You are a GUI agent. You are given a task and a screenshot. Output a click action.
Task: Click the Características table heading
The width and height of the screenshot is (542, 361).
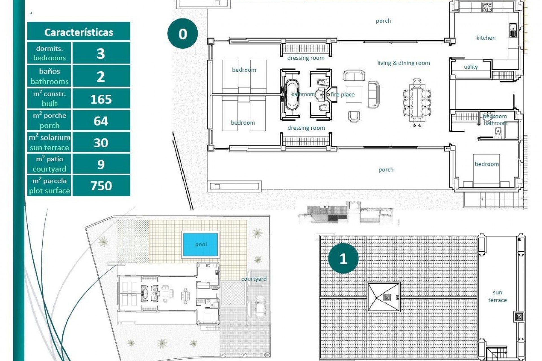pyautogui.click(x=78, y=32)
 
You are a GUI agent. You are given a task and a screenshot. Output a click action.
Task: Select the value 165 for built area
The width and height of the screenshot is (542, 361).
pyautogui.click(x=101, y=99)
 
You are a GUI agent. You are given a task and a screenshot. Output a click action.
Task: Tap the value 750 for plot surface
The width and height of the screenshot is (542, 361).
pyautogui.click(x=101, y=186)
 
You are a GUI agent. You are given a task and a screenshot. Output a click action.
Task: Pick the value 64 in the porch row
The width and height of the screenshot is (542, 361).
pyautogui.click(x=101, y=121)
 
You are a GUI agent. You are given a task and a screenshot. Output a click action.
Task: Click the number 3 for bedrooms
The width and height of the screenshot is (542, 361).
pyautogui.click(x=101, y=54)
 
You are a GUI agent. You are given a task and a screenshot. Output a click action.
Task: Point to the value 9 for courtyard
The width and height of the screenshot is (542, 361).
pyautogui.click(x=101, y=164)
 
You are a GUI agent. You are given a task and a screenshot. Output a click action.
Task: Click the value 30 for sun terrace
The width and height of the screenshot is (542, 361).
pyautogui.click(x=101, y=143)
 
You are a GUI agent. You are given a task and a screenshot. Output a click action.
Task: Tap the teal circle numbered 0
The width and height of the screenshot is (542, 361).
pyautogui.click(x=183, y=34)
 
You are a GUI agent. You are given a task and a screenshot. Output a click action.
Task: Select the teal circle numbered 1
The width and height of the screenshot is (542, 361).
pyautogui.click(x=343, y=259)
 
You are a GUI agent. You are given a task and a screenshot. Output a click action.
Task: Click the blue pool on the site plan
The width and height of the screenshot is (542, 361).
pyautogui.click(x=201, y=244)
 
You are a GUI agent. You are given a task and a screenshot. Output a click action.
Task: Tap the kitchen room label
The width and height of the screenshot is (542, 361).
pyautogui.click(x=486, y=38)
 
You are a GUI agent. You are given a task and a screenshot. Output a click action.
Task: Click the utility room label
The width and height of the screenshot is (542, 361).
pyautogui.click(x=471, y=67)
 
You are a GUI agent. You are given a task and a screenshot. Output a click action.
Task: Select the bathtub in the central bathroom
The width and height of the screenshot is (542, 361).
pyautogui.click(x=292, y=94)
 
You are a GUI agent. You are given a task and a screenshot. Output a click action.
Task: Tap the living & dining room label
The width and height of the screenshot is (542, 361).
pyautogui.click(x=403, y=63)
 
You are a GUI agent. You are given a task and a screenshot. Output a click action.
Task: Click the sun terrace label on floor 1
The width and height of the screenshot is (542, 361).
pyautogui.click(x=497, y=296)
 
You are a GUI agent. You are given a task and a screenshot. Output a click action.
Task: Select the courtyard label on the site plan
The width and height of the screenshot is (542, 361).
pyautogui.click(x=253, y=279)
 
